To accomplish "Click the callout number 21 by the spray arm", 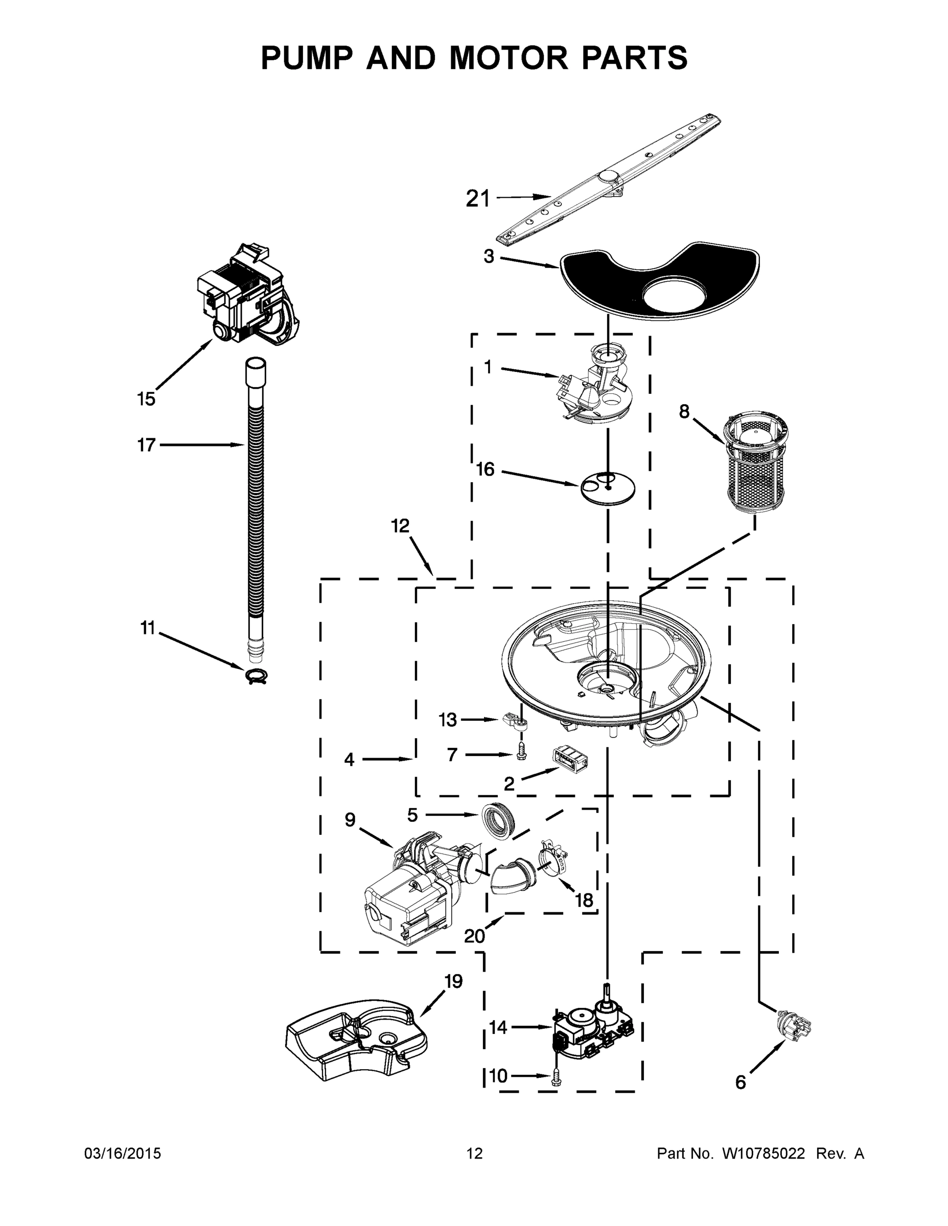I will coord(478,199).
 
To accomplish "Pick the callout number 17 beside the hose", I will coord(146,445).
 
